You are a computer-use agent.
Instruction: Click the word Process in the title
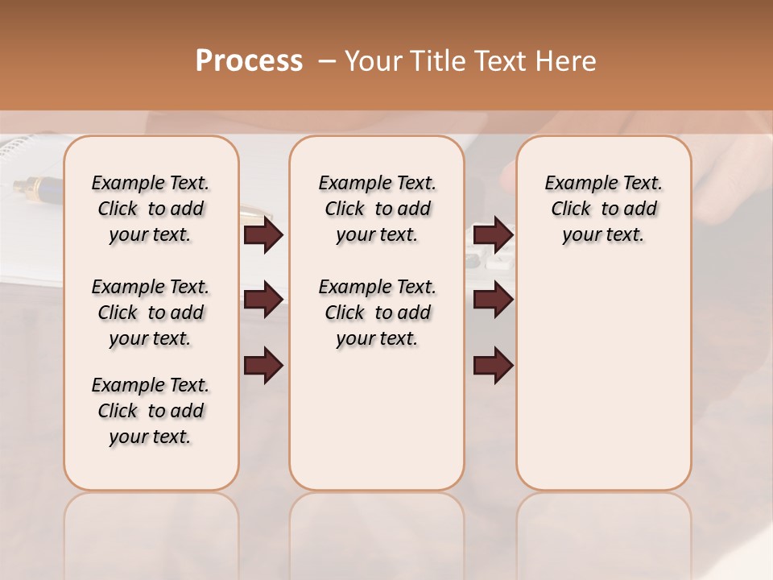[x=249, y=61]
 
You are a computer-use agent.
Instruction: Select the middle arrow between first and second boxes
[x=263, y=300]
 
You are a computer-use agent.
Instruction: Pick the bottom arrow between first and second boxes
[x=263, y=366]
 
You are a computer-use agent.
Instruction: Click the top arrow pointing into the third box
[x=493, y=234]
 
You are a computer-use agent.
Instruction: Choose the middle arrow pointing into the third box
[x=493, y=300]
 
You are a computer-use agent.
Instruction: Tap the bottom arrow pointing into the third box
[x=493, y=366]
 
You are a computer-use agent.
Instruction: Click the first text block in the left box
[x=151, y=209]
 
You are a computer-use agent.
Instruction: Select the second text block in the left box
[x=151, y=313]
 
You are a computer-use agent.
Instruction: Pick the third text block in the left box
[x=151, y=411]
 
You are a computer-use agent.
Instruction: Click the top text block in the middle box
[x=377, y=209]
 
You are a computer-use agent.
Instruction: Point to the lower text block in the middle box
[x=377, y=313]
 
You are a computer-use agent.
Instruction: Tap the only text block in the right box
[x=603, y=209]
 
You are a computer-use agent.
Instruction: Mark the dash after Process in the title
[x=327, y=61]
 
